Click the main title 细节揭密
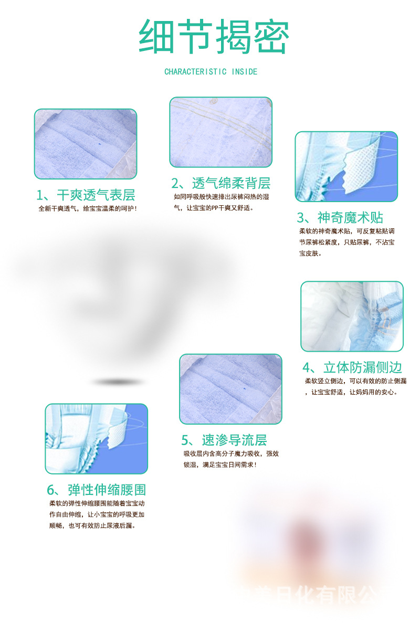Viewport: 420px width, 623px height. pos(213,37)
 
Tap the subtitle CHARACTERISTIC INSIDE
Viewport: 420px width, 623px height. pos(211,71)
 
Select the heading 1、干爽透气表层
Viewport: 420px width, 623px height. pos(86,195)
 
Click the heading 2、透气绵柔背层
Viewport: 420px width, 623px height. pos(220,183)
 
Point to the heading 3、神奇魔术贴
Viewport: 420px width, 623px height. pos(340,217)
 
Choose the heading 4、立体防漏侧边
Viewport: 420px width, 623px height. pos(352,367)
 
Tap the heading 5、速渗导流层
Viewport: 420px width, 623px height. pos(224,440)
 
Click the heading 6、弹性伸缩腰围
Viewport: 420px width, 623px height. pos(96,490)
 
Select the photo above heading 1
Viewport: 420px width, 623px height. pos(86,144)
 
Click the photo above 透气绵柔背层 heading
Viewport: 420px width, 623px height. pos(220,132)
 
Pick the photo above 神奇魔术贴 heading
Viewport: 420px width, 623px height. pos(346,166)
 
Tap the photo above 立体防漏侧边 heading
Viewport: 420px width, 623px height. pos(352,316)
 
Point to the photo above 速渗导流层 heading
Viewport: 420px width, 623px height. pos(230,389)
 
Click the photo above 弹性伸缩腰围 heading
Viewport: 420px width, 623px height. pos(96,439)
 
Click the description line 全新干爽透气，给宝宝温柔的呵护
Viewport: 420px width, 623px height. pos(88,209)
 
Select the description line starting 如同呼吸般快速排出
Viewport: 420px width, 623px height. pos(222,197)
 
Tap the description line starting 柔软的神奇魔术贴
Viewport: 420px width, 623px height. pos(346,231)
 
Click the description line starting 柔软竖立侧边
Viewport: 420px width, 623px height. pos(355,381)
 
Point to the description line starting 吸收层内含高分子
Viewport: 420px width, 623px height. pos(231,453)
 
